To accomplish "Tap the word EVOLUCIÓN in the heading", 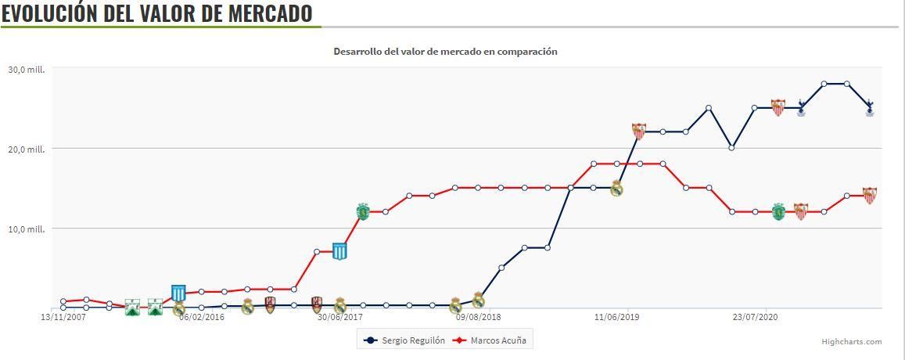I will (48, 13).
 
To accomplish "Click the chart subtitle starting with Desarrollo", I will (445, 52).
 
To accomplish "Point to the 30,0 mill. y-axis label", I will (27, 70).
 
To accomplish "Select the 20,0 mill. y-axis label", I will (27, 149).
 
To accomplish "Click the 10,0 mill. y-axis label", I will (27, 229).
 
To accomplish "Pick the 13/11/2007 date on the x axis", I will (63, 318).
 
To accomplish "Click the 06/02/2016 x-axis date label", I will (202, 318).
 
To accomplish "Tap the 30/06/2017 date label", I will (339, 318).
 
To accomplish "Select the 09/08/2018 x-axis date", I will (478, 318).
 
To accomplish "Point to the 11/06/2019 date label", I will (616, 318).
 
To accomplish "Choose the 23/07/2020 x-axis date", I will (755, 318).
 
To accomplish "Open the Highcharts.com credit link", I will (851, 341).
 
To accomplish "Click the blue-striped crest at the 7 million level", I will (339, 251).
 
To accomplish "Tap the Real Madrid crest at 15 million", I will (616, 188).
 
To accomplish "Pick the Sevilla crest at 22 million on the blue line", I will (639, 131).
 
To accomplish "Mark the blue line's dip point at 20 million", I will (731, 148).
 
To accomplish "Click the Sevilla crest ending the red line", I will (869, 195).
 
